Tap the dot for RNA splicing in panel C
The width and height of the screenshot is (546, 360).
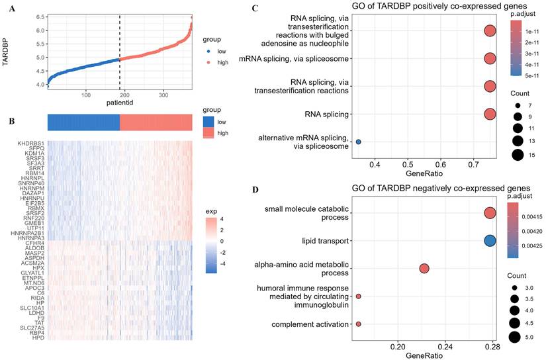pyautogui.click(x=490, y=114)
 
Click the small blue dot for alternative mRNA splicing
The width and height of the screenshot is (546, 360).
pyautogui.click(x=358, y=142)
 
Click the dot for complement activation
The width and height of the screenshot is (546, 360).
pyautogui.click(x=358, y=324)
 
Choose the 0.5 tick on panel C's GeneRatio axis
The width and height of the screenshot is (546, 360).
pyautogui.click(x=408, y=163)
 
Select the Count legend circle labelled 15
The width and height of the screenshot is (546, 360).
pyautogui.click(x=517, y=156)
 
